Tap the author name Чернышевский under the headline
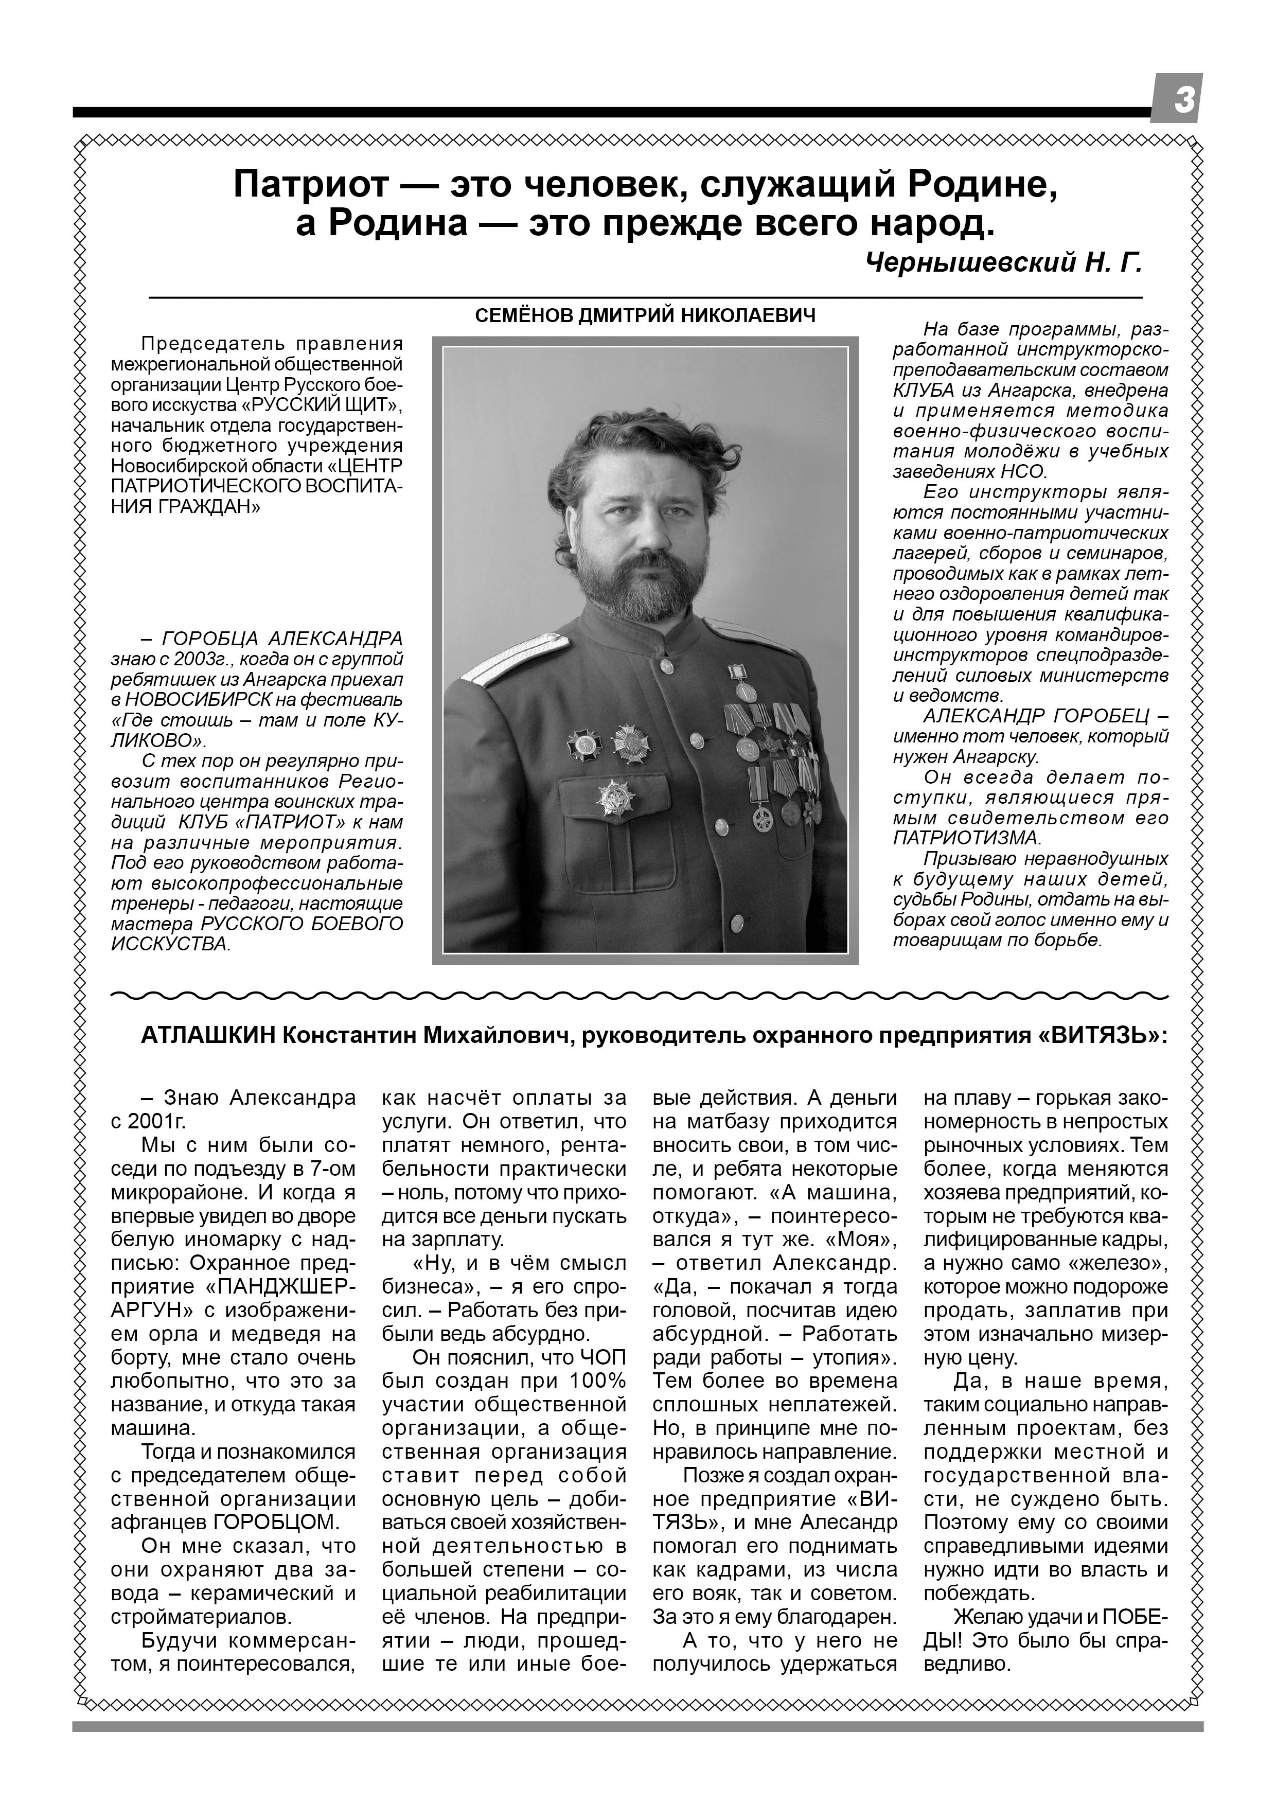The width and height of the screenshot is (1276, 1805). [x=969, y=262]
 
